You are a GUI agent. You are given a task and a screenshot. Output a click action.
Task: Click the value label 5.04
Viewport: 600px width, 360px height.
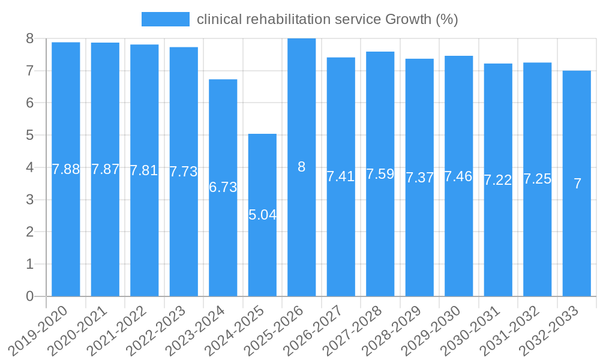coord(262,215)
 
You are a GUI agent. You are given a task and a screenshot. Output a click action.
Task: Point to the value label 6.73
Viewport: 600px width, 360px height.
coord(223,187)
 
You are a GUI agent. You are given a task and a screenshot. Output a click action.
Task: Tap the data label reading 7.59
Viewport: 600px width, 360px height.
coord(380,174)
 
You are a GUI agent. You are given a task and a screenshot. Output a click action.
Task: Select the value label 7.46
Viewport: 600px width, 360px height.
coord(459,176)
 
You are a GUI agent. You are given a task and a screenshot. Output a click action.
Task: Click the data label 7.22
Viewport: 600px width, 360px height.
coord(498,180)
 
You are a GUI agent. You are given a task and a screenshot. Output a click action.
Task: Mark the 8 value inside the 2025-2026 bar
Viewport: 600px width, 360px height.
coord(302,167)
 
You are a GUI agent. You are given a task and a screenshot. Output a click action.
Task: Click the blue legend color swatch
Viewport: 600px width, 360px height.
coord(165,19)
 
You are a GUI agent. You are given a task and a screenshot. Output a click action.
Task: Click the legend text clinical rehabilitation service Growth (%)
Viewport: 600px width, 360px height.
coord(328,19)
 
